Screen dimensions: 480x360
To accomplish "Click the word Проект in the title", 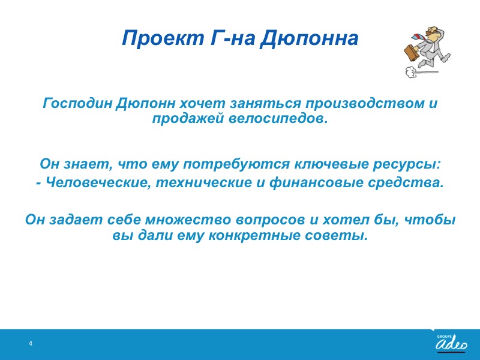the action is click(x=163, y=38).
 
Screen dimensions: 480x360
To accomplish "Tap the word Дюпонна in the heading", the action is click(x=309, y=38).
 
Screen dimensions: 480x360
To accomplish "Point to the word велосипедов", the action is click(x=278, y=119).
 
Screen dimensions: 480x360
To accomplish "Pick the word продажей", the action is click(x=188, y=119).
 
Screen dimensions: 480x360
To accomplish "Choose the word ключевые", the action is click(x=331, y=164).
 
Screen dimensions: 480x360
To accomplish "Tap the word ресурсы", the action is click(x=407, y=164).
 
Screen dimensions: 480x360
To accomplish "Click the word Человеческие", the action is click(x=98, y=183).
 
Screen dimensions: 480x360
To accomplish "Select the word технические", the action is click(x=203, y=183).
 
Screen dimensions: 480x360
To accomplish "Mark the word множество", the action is click(x=188, y=220).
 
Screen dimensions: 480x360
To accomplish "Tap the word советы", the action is click(x=336, y=236).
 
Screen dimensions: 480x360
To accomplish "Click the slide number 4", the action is click(x=31, y=343).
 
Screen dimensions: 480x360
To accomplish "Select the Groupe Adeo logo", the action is click(x=452, y=343).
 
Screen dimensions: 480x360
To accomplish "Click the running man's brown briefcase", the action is click(x=412, y=53).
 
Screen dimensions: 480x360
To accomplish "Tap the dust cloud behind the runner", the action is click(x=410, y=71).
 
